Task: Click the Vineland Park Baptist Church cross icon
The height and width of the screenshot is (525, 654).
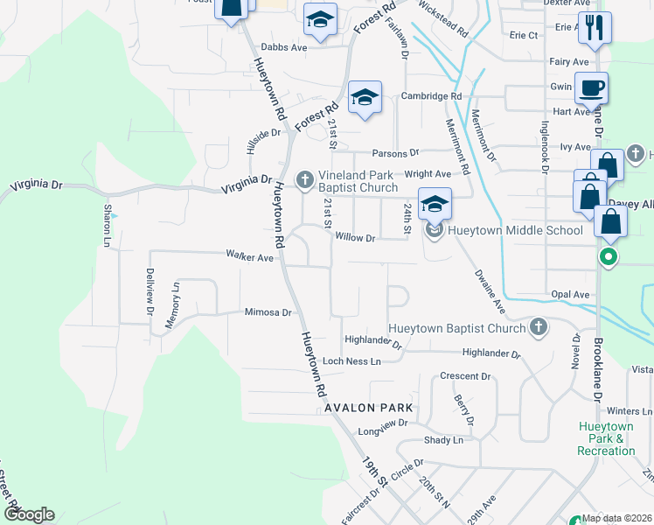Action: coord(305,180)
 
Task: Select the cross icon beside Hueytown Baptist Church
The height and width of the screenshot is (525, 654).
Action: coord(539,327)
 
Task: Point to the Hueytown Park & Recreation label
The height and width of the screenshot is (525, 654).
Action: coord(606,438)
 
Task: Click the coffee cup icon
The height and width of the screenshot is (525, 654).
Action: coord(591,87)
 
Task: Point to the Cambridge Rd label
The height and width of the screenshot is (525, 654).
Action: coord(431,96)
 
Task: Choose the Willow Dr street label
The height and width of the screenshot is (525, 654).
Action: coord(355,238)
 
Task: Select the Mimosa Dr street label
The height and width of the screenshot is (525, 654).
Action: coord(268,311)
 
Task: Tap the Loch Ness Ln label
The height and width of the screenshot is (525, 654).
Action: coord(352,360)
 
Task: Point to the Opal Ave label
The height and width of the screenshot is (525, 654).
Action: coord(570,295)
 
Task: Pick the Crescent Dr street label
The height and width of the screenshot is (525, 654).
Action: coord(465,376)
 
